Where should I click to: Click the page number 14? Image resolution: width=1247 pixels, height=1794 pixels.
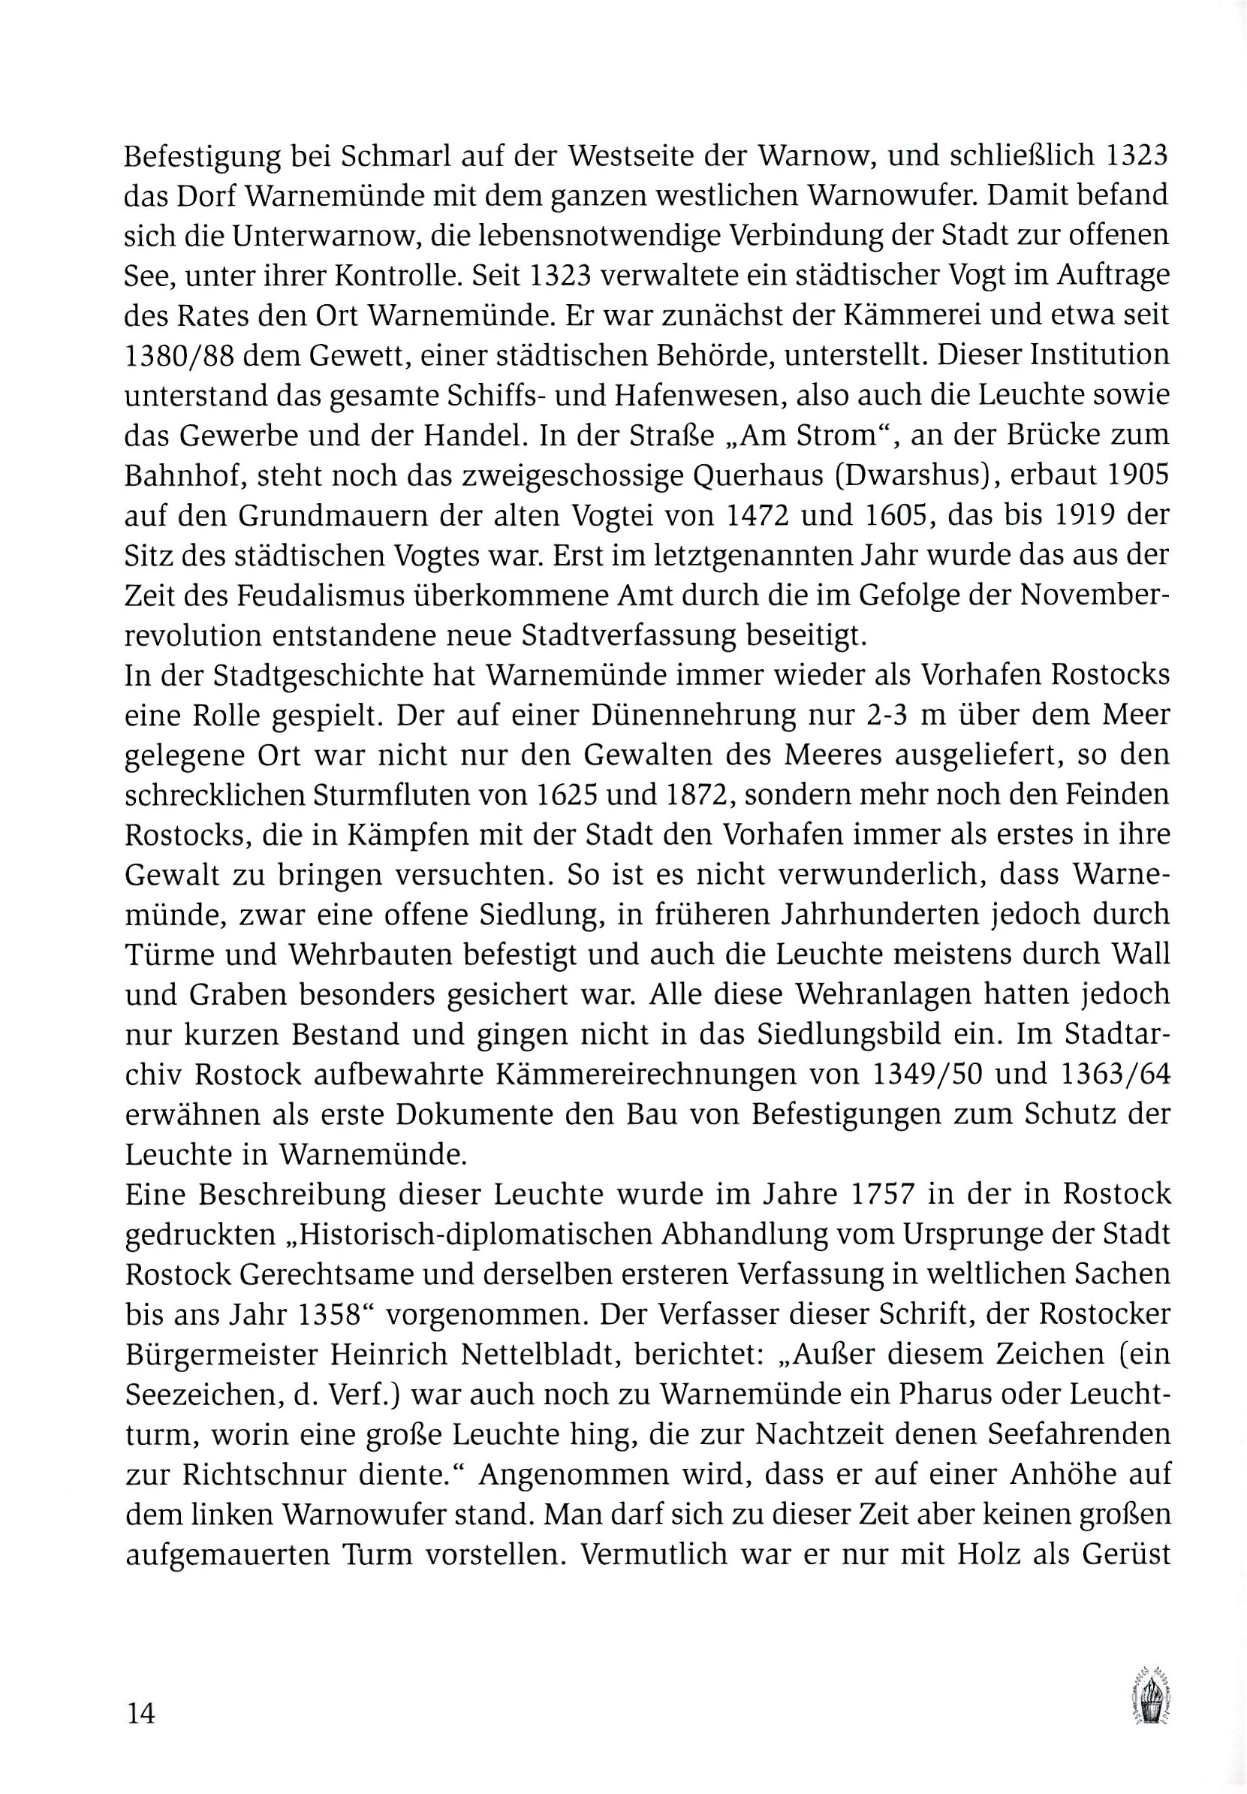(x=141, y=1714)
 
